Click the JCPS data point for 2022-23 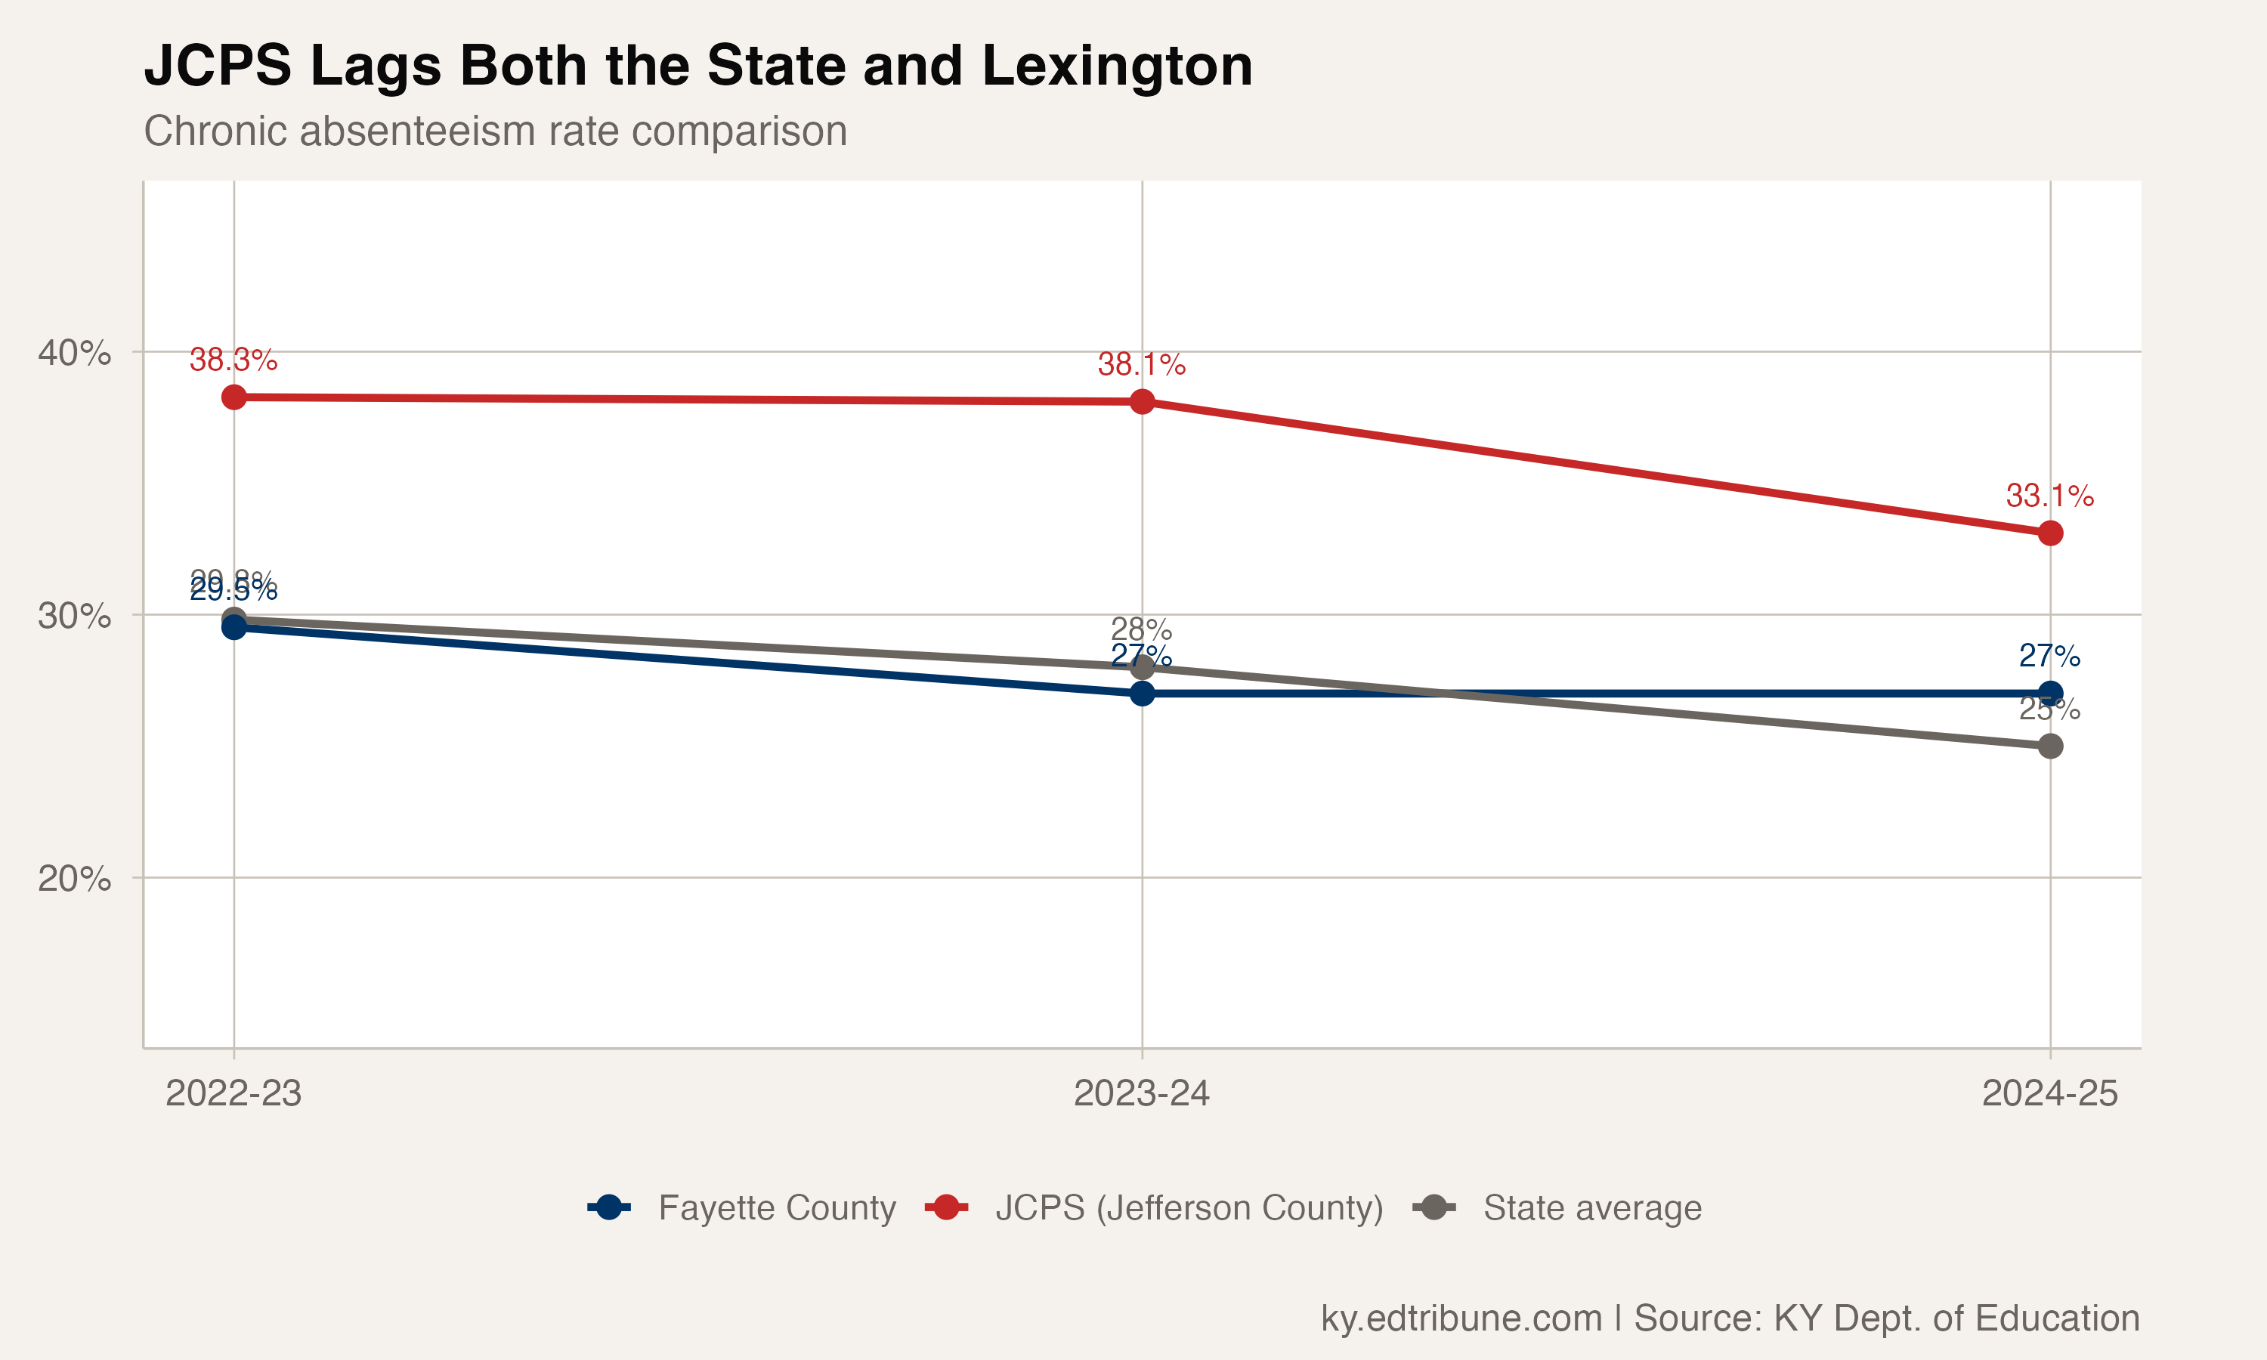click(x=234, y=397)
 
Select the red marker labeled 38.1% click(x=1142, y=401)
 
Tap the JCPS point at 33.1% click(x=2050, y=533)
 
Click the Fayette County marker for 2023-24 click(x=1142, y=694)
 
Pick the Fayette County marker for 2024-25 click(x=2050, y=694)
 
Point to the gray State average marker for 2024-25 click(x=2050, y=746)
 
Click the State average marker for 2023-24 click(x=1142, y=667)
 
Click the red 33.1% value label click(x=2050, y=496)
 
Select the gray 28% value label click(x=1142, y=629)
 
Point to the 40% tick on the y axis click(x=74, y=353)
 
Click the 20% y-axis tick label click(x=74, y=879)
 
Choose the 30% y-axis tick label click(x=74, y=616)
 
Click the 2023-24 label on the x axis click(x=1142, y=1093)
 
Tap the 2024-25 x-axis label click(x=2050, y=1093)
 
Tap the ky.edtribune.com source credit click(x=1461, y=1318)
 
